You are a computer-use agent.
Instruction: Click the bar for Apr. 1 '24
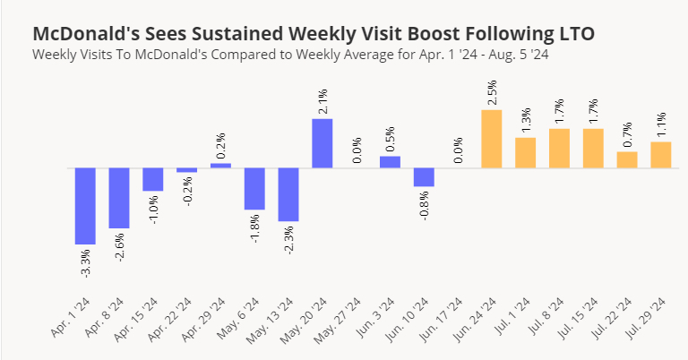[85, 206]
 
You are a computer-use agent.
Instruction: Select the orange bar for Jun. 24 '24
[492, 139]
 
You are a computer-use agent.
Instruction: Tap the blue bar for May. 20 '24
[322, 143]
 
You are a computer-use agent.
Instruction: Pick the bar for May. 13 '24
[288, 194]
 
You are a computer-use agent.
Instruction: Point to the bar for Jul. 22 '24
[627, 159]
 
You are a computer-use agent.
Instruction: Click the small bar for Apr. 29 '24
[220, 166]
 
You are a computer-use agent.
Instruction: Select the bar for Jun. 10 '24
[424, 177]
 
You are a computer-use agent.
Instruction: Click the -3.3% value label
[86, 261]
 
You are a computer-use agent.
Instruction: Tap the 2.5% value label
[492, 93]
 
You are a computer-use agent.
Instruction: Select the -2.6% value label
[120, 245]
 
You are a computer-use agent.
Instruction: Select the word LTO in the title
[575, 34]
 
